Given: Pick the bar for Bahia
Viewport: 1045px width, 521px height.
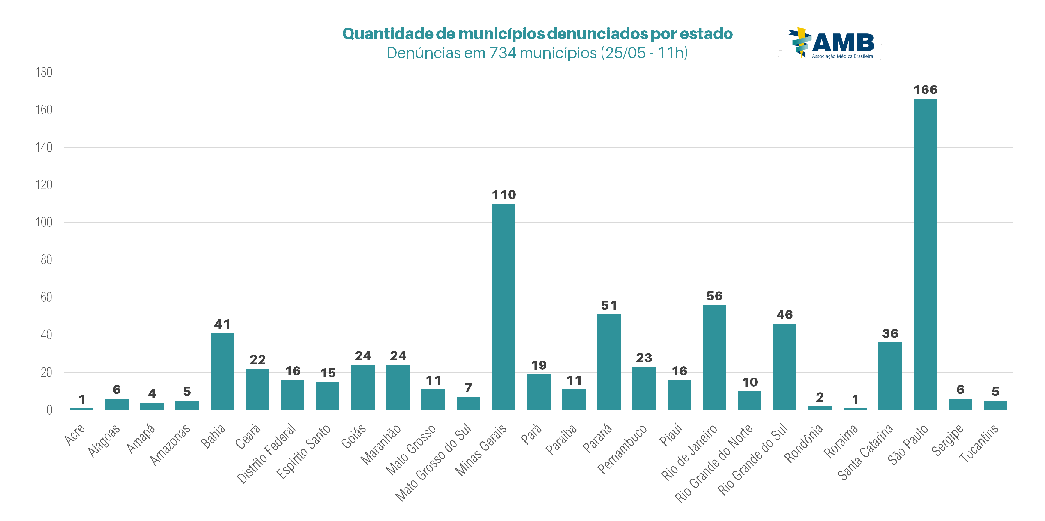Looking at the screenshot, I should pos(222,371).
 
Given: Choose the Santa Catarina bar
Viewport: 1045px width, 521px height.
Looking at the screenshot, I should pos(890,376).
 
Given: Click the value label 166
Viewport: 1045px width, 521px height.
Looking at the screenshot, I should pos(925,90).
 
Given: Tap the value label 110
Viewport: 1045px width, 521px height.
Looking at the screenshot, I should pos(503,195).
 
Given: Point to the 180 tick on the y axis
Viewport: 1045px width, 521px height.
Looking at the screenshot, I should pos(44,73).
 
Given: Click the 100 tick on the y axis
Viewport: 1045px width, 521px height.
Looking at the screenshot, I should pos(44,222).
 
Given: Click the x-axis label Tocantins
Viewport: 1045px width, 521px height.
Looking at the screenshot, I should pos(979,443).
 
